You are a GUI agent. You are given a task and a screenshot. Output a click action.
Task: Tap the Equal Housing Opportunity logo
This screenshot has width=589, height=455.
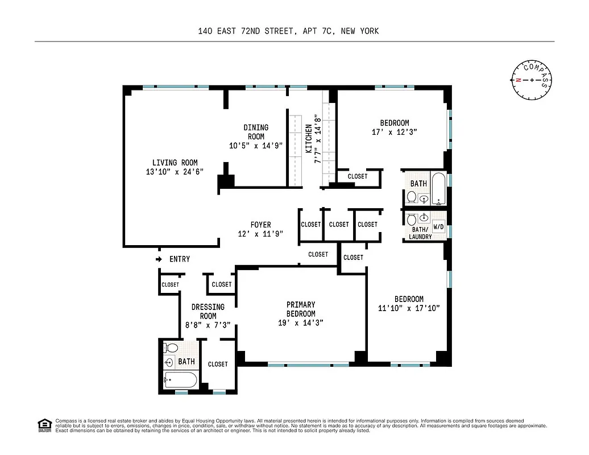pos(44,424)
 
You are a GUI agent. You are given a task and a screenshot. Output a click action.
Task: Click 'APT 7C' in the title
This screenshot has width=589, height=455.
pos(317,31)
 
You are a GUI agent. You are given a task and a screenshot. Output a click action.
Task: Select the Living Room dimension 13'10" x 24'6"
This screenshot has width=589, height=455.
pos(175,171)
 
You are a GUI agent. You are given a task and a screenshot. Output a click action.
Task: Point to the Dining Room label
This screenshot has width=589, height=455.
pos(256,132)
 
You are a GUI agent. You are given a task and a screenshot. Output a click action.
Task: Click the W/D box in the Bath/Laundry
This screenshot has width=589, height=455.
pos(438,226)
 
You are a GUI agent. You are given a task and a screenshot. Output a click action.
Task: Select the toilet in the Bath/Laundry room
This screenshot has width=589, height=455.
pos(411,218)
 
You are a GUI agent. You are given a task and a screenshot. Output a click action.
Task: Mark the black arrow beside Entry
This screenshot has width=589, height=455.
pos(159,259)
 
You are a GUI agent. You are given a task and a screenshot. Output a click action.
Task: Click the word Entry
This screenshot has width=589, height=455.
pos(180,259)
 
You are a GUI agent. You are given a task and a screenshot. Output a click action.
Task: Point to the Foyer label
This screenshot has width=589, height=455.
pos(260,225)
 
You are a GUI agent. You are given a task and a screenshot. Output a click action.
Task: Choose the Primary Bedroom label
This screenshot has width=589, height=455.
pos(301,309)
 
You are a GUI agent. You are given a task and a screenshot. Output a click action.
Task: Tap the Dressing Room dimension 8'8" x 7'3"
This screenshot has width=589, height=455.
pos(208,326)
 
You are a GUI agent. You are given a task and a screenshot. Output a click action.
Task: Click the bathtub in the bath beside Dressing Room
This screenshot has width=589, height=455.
pos(180,379)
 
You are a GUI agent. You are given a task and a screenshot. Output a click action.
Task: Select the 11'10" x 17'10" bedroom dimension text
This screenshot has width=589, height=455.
pos(409,308)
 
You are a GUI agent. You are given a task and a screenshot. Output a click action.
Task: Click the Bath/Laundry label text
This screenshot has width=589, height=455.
pos(420,233)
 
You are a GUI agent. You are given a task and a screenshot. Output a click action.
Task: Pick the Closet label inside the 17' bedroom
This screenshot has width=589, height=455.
pos(357,176)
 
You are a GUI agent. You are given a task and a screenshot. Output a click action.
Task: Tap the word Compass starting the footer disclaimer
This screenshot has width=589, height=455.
pos(66,421)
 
